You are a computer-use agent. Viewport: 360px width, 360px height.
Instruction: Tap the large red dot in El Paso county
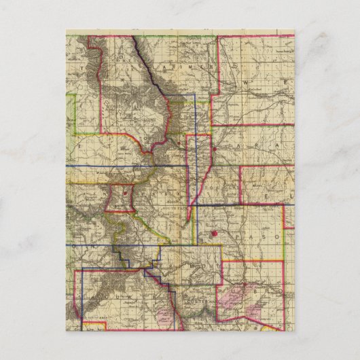214,234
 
